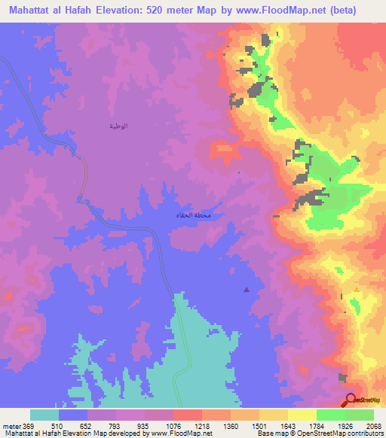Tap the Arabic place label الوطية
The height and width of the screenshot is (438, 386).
(117, 126)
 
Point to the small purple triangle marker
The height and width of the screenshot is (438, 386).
(246, 289)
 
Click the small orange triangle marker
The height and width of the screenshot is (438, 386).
(356, 289)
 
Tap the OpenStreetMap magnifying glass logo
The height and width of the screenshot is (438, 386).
(350, 399)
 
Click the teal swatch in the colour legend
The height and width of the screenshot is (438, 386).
(44, 415)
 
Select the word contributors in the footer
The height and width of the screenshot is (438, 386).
(364, 433)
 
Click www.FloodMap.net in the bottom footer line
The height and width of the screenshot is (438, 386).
(179, 433)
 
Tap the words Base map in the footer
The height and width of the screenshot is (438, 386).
(269, 433)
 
